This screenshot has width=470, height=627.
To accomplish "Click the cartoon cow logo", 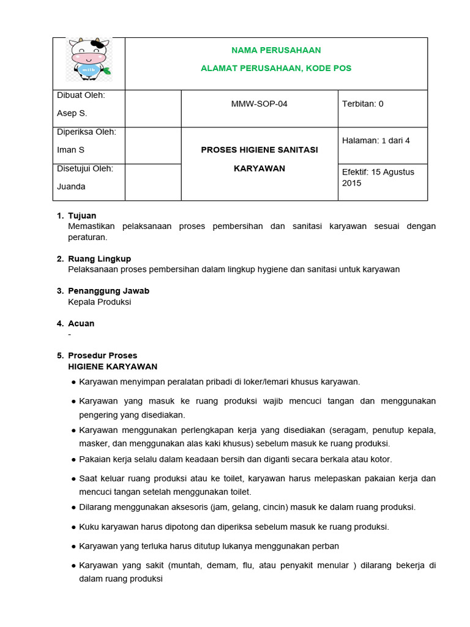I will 89,59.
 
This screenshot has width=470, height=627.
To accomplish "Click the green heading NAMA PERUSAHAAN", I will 276,50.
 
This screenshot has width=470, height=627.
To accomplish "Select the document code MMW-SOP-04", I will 259,104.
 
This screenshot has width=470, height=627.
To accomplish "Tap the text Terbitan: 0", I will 363,104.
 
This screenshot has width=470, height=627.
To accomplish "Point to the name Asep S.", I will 72,113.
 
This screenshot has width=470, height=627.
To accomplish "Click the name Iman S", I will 70,150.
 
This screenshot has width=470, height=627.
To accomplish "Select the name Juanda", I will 71,187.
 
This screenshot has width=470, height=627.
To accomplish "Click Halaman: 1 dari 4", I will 376,141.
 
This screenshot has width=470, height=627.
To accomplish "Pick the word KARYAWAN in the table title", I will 259,168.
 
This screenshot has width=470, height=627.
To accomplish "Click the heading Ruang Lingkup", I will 99,258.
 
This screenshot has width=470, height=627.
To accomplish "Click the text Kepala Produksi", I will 99,302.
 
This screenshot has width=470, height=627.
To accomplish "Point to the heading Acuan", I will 81,323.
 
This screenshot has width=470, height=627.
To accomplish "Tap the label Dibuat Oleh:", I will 81,95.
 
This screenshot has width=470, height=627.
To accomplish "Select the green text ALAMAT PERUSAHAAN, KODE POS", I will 276,68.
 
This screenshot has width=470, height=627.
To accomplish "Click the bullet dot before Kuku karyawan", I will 74,527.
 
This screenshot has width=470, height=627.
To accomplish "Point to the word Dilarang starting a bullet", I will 95,507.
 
